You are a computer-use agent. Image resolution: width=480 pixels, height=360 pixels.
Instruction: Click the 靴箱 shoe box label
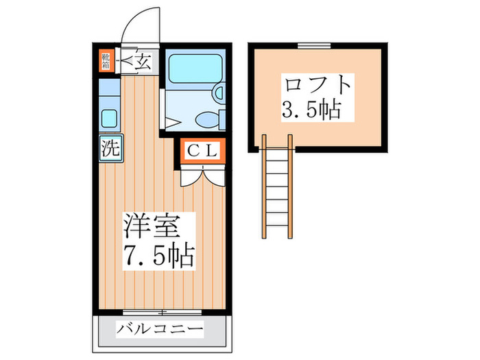(x=106, y=60)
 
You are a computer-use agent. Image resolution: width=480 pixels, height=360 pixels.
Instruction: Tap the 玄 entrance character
(x=142, y=62)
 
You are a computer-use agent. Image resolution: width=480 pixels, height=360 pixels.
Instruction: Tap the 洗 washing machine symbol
(x=108, y=147)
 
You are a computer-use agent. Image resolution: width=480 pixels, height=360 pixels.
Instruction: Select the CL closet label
(x=203, y=152)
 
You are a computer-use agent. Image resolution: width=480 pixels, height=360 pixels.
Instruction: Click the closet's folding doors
(x=203, y=176)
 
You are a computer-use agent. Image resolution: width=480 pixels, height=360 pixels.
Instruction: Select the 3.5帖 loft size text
(x=311, y=109)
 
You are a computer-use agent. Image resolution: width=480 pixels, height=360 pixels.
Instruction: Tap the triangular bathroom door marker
(x=172, y=123)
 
